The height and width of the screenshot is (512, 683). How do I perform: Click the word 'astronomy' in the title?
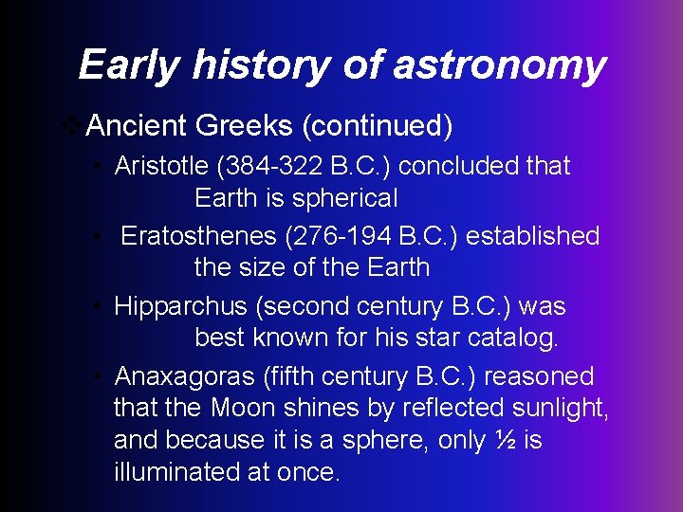pyautogui.click(x=499, y=65)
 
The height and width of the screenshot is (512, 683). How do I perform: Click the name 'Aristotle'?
pyautogui.click(x=161, y=166)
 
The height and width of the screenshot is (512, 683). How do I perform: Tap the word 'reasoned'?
pyautogui.click(x=539, y=376)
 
